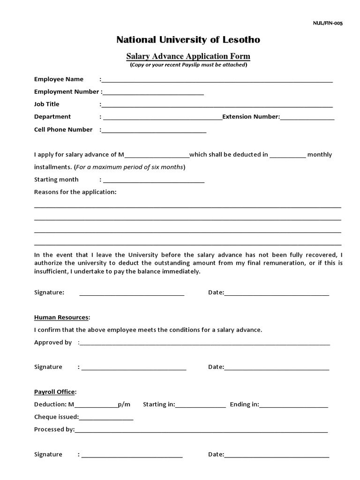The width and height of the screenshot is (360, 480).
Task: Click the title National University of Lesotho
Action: pyautogui.click(x=188, y=40)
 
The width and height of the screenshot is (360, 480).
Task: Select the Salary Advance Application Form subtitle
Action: pyautogui.click(x=188, y=56)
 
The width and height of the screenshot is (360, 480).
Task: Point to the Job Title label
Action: pyautogui.click(x=47, y=104)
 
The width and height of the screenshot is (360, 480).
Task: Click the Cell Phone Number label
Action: pyautogui.click(x=63, y=129)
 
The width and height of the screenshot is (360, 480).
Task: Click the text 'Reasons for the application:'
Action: pyautogui.click(x=75, y=192)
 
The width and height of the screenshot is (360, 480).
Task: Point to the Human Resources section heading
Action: pyautogui.click(x=61, y=317)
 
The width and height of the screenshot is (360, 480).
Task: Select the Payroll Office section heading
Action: pyautogui.click(x=54, y=392)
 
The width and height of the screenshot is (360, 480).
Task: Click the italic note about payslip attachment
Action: pyautogui.click(x=188, y=65)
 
